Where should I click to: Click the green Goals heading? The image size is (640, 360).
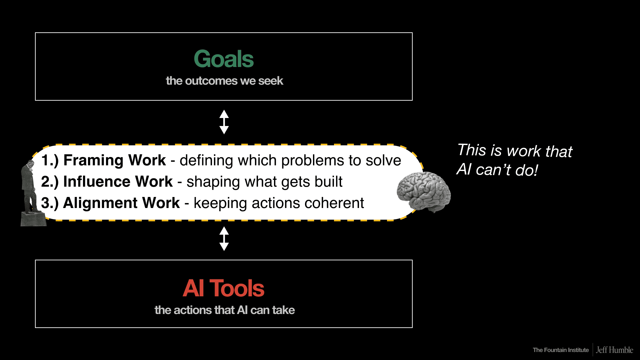click(224, 59)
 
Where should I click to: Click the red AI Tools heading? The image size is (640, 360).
click(224, 288)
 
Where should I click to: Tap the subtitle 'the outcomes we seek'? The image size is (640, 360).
click(224, 81)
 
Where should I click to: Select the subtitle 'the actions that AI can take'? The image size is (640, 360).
click(224, 310)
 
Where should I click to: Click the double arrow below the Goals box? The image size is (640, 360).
click(224, 122)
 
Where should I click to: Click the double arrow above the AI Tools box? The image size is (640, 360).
click(224, 239)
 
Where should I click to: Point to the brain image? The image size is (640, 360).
click(423, 192)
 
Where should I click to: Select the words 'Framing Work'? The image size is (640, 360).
click(114, 160)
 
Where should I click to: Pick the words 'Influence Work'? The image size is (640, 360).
click(118, 182)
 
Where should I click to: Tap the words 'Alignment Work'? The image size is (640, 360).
click(121, 203)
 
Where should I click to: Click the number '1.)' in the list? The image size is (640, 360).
click(50, 160)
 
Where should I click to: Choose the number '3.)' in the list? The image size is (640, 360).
click(50, 203)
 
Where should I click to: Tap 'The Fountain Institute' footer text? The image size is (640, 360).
click(561, 350)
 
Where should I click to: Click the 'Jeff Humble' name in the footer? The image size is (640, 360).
click(614, 350)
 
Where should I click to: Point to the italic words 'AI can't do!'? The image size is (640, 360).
click(497, 170)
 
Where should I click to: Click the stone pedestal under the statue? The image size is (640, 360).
click(33, 219)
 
